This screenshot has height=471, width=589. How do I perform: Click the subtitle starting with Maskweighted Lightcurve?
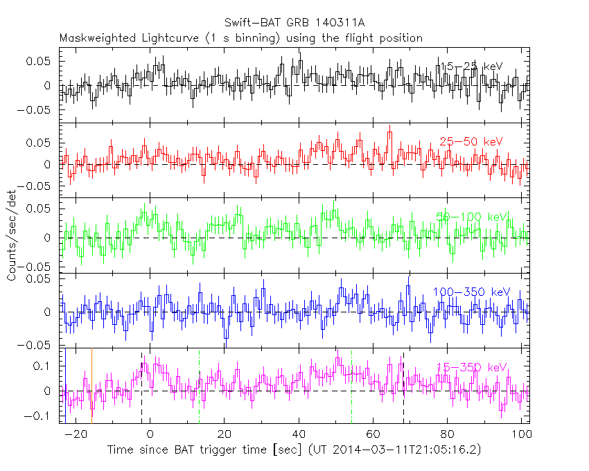240,38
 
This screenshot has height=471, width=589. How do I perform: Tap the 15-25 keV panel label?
471,66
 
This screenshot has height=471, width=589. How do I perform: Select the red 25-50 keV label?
471,141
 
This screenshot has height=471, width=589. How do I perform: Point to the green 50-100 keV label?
472,217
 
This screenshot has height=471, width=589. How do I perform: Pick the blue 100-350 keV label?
471,292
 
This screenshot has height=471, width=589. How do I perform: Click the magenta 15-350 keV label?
471,367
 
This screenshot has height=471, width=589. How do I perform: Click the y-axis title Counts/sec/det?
12,235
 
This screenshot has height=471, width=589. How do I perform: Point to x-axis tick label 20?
224,435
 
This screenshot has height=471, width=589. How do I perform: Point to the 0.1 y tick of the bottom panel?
47,366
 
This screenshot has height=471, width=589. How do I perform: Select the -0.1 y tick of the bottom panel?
44,416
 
